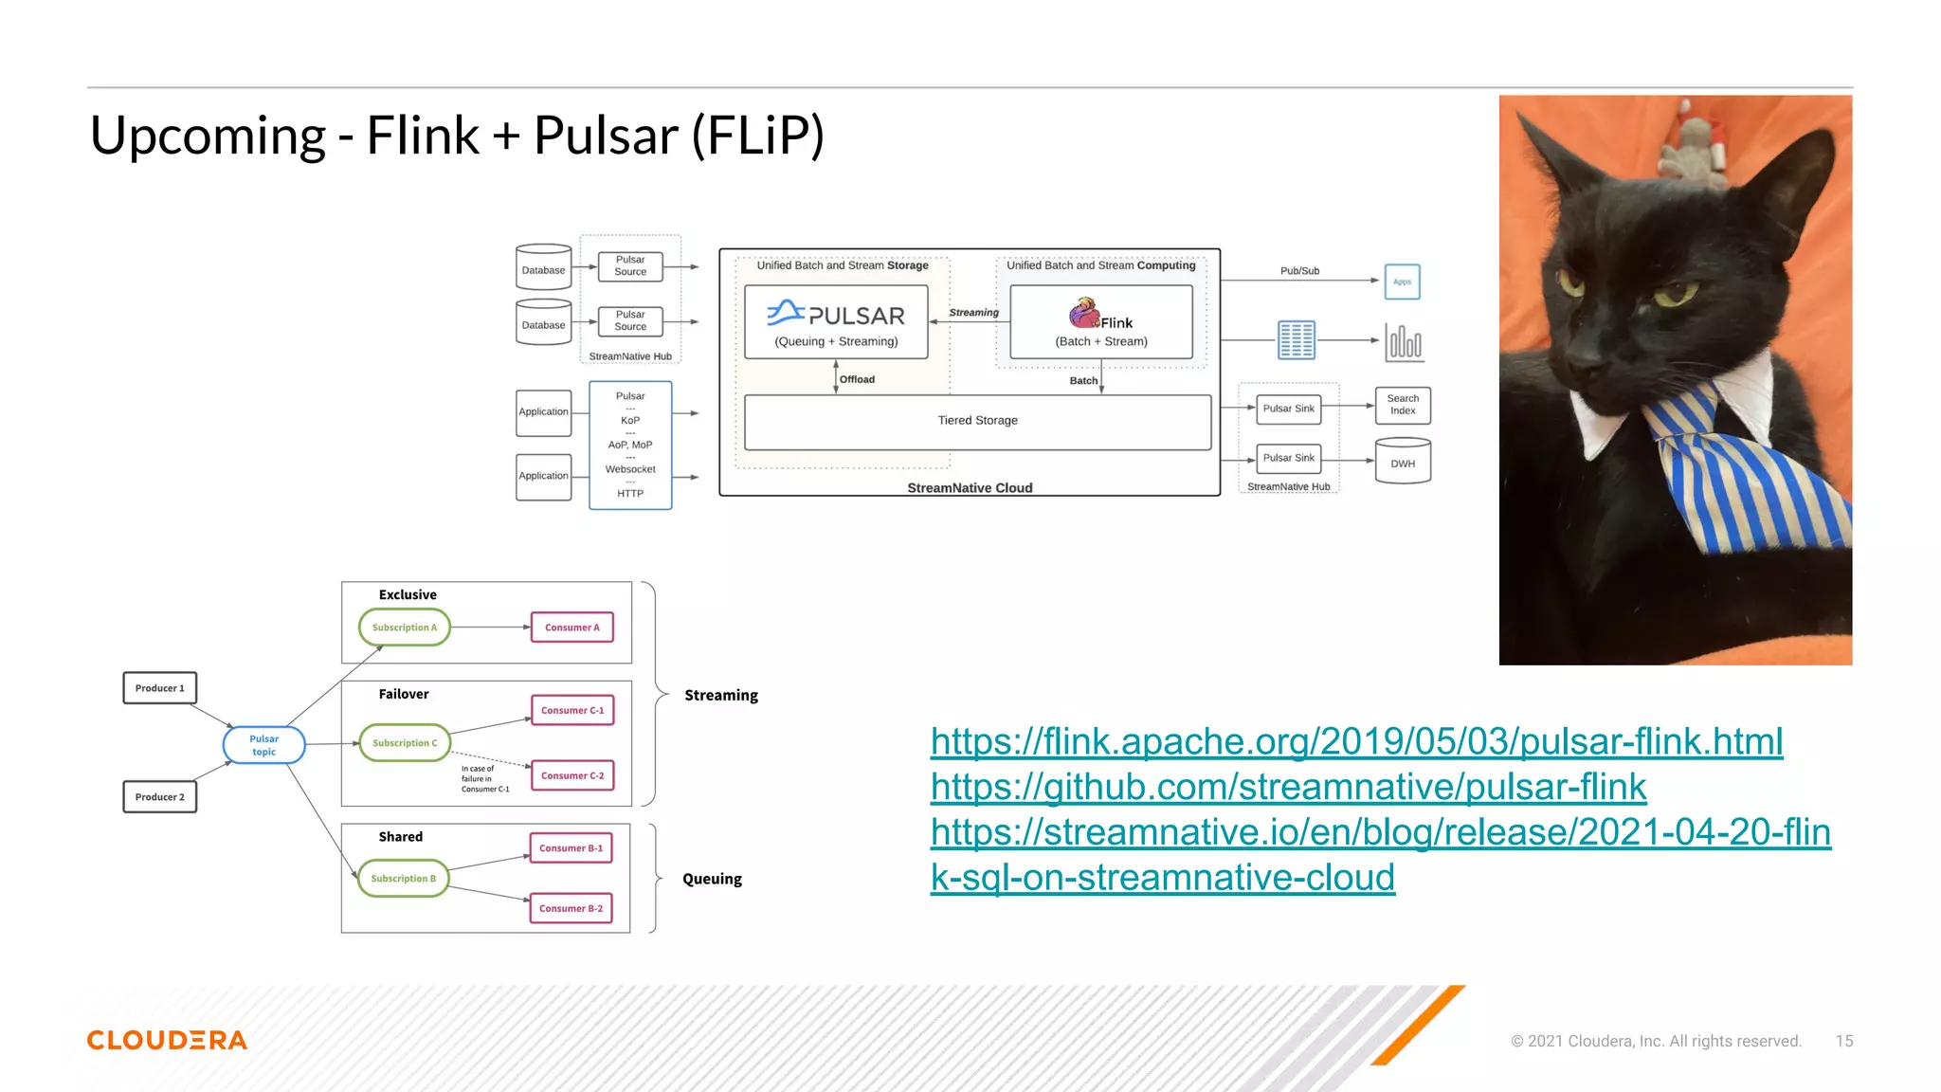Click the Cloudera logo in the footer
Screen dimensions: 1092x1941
(167, 1040)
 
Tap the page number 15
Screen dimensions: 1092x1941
(1843, 1041)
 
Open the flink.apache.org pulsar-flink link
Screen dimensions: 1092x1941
(1356, 741)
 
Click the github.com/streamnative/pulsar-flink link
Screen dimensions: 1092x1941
(1288, 787)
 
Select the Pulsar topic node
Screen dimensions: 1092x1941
(263, 745)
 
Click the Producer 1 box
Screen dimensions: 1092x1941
(159, 688)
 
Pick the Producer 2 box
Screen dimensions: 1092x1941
(159, 797)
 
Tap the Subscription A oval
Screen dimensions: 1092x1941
(405, 628)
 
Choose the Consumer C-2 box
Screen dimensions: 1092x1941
(572, 775)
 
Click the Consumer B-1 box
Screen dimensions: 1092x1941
(571, 848)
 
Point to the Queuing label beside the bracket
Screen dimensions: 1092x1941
(712, 879)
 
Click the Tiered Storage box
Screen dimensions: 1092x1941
(977, 421)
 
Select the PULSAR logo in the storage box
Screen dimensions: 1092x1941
(836, 315)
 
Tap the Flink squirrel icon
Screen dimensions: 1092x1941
(1083, 313)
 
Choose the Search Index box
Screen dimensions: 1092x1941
(1403, 405)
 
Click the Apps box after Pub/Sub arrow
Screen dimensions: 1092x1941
(1402, 282)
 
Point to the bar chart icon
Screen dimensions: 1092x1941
(1404, 342)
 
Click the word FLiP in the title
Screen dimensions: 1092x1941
(758, 136)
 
